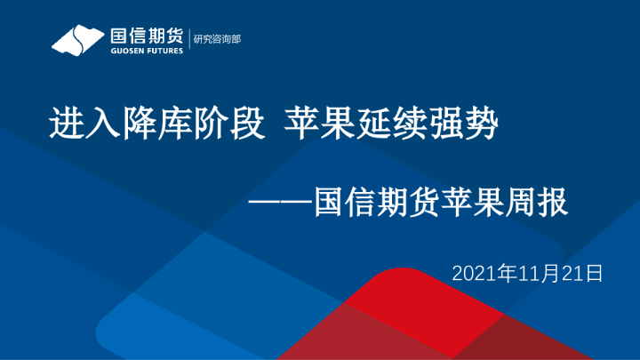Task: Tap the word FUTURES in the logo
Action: coord(164,52)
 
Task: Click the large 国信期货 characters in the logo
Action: coord(147,36)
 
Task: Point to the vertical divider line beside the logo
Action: coord(189,39)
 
